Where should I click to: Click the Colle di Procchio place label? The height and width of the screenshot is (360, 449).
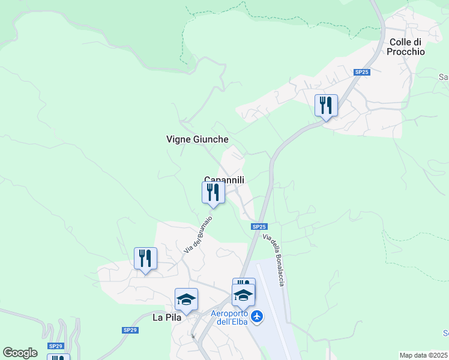[406, 47]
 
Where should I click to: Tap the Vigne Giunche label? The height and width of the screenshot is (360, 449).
[197, 139]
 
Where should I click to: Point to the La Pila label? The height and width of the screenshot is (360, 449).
[167, 317]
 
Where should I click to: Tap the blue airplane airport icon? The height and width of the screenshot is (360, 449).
[258, 316]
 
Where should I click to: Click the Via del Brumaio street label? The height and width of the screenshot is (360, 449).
[198, 233]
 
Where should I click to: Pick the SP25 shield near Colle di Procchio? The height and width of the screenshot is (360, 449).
[361, 72]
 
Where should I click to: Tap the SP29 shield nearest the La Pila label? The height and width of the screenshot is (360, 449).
[130, 330]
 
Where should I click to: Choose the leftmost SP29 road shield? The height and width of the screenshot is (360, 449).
[56, 346]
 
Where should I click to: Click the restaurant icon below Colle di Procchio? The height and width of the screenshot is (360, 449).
[326, 106]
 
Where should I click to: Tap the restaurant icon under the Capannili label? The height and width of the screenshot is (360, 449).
[213, 193]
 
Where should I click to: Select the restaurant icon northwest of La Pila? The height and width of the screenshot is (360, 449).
[145, 259]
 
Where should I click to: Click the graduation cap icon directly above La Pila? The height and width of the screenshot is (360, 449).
[186, 299]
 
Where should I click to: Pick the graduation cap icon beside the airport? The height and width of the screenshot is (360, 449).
[244, 295]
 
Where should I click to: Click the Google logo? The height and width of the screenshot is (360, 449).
[20, 353]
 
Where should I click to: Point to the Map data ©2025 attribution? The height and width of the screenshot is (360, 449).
[424, 355]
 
